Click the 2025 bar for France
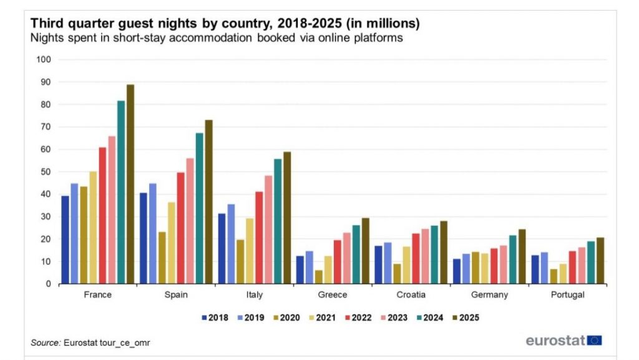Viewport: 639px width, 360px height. [x=130, y=185]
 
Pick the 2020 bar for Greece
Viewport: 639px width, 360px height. [x=319, y=277]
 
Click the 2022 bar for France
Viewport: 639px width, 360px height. [x=102, y=216]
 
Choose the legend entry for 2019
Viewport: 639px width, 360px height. [x=250, y=318]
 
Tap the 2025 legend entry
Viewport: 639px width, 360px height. [x=465, y=318]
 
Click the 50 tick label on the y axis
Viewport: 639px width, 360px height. [x=45, y=172]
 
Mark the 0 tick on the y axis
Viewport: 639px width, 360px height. [x=47, y=285]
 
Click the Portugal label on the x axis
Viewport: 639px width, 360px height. [x=567, y=294]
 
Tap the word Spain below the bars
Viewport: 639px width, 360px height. [x=175, y=294]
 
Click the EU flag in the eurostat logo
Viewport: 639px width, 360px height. [x=595, y=340]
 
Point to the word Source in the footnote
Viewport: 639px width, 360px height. [x=45, y=343]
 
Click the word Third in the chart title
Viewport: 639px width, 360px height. [x=46, y=24]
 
